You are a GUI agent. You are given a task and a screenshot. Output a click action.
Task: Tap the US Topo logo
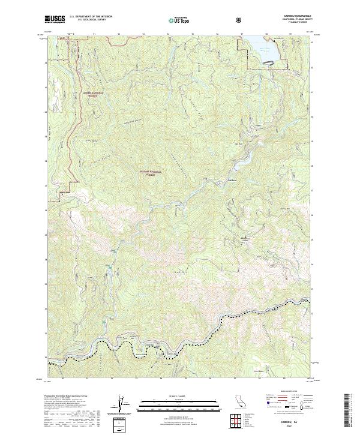tap(181, 20)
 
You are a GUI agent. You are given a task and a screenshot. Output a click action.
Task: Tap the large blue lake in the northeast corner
tap(266, 49)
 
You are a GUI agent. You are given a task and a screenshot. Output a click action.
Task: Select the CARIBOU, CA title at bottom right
tap(286, 423)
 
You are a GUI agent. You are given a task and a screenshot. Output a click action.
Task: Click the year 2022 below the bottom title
tap(286, 428)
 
